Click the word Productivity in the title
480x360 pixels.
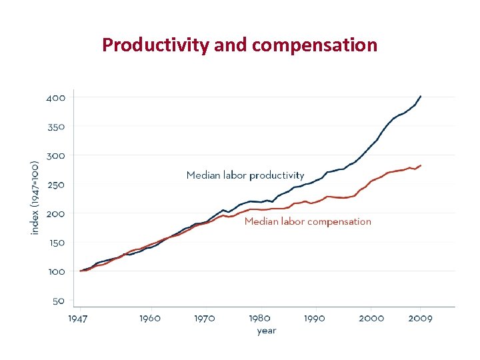point(156,45)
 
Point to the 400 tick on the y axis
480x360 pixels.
point(56,97)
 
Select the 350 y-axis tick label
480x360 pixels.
point(56,127)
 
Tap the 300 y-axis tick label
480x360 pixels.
point(56,155)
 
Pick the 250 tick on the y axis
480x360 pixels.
point(56,185)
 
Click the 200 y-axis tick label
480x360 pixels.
point(56,213)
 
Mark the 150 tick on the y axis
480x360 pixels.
point(56,243)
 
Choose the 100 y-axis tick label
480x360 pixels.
point(56,272)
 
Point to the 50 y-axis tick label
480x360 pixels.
point(59,301)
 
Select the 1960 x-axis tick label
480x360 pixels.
point(150,318)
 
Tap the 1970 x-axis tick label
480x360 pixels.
point(204,318)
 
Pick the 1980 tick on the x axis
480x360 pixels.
point(259,318)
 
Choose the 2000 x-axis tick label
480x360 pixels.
point(371,318)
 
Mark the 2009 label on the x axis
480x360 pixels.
point(420,318)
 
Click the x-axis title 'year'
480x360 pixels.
point(267,331)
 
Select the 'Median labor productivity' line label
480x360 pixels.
point(245,175)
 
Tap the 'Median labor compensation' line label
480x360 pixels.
point(308,221)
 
